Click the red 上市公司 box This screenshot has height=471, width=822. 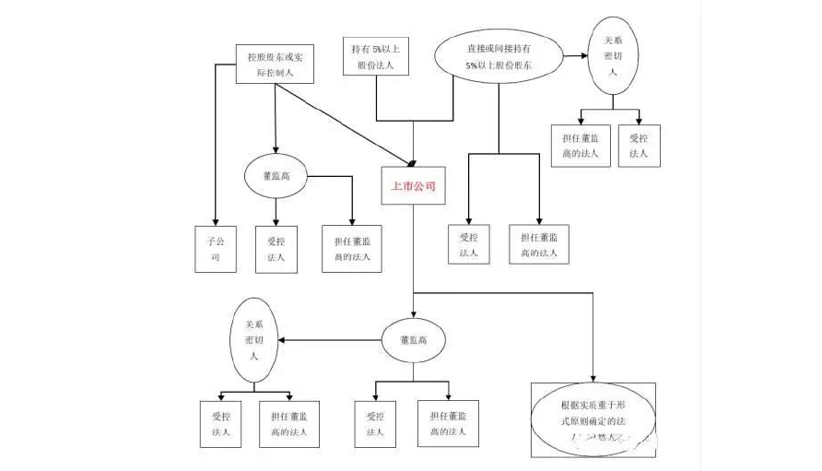[x=413, y=185]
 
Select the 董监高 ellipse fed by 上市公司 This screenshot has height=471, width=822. [x=414, y=340]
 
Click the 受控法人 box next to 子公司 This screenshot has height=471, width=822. [x=276, y=248]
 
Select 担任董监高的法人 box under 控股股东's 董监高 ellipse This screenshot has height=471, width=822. [x=352, y=248]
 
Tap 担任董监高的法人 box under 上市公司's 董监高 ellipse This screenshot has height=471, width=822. [x=449, y=423]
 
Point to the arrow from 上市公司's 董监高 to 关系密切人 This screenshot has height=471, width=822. [x=327, y=340]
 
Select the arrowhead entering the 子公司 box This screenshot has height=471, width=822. [x=215, y=221]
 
